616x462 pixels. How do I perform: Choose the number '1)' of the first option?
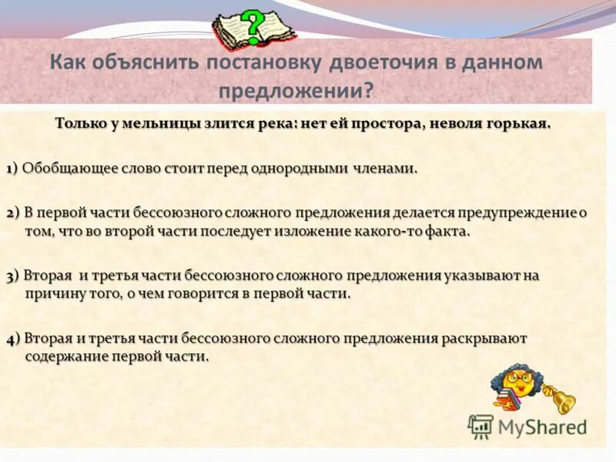coord(12,169)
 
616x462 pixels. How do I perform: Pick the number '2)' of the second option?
coord(13,213)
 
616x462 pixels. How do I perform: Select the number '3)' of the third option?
coord(13,276)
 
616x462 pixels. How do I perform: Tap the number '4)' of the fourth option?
coord(13,339)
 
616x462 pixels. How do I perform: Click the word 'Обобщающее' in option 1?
coord(61,169)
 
